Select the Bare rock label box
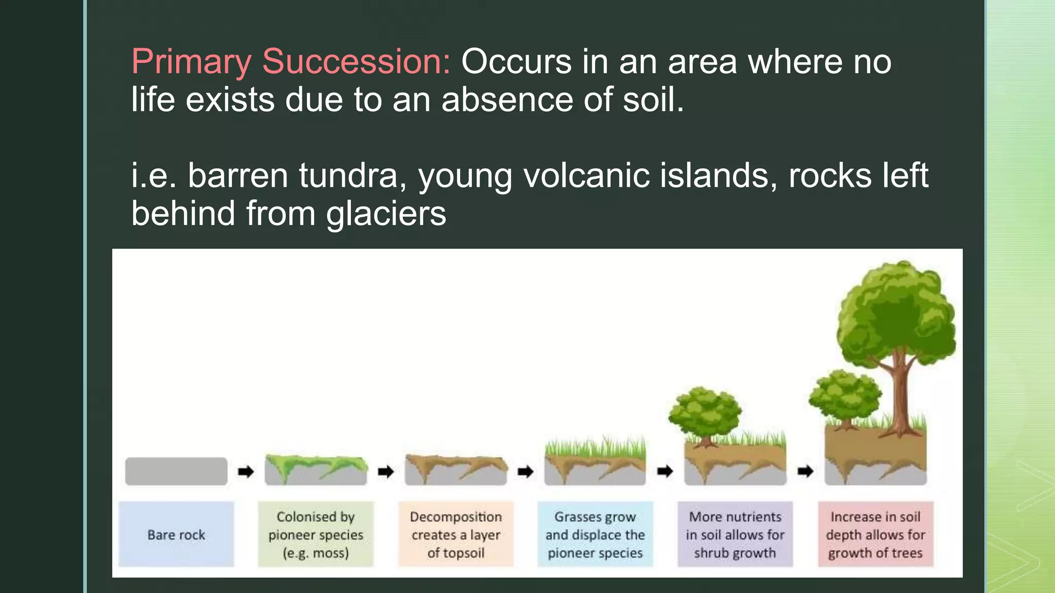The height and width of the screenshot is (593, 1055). [176, 534]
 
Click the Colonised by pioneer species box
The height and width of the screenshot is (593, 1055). [316, 534]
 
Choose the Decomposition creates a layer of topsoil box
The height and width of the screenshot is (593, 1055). [456, 534]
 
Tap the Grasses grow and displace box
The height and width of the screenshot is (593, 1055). [595, 534]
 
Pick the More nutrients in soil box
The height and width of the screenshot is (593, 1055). [735, 534]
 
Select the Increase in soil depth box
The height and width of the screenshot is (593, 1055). [875, 534]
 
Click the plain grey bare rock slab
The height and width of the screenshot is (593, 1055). [176, 471]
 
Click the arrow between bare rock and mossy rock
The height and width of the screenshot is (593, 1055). [246, 471]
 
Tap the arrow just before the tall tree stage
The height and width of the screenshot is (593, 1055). [805, 471]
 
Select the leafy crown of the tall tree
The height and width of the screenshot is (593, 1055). [896, 314]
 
